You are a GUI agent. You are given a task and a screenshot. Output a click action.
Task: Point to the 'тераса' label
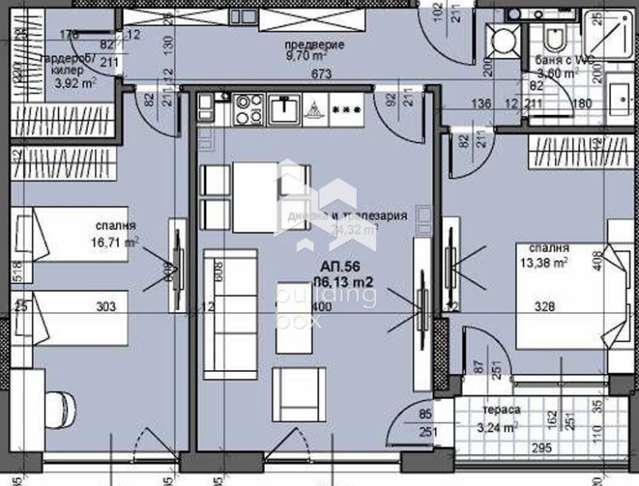click(502, 410)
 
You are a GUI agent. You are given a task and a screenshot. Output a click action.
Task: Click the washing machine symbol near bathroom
click(504, 38)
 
